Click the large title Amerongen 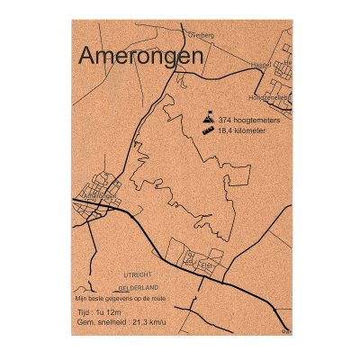(140, 56)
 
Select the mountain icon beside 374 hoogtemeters (209, 118)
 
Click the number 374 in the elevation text (225, 119)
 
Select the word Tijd (86, 312)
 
